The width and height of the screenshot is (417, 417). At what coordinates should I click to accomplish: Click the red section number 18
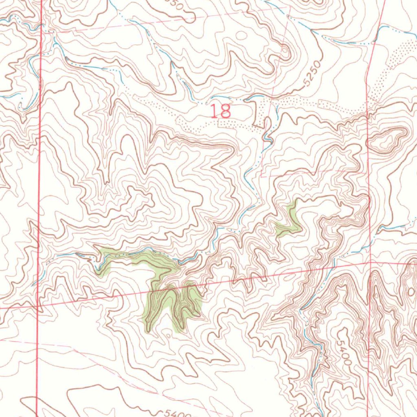(x=221, y=111)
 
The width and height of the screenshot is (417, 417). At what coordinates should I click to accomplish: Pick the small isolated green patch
(x=289, y=222)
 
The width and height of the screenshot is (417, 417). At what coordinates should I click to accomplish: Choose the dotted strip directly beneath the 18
(x=236, y=124)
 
